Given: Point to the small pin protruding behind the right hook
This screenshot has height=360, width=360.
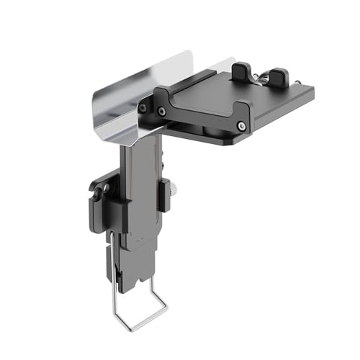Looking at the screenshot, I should coord(297,82).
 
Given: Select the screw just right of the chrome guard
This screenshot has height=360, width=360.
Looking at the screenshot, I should coord(161,111).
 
